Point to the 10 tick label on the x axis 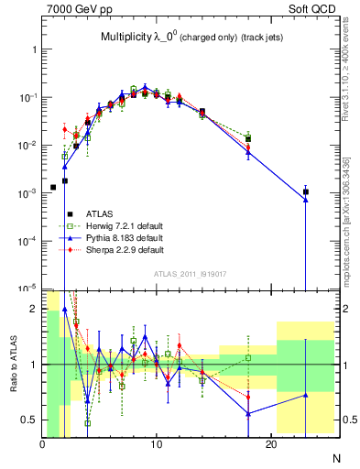pos(157,445)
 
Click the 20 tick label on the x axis pos(271,445)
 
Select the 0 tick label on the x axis pos(42,445)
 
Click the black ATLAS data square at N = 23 pos(306,192)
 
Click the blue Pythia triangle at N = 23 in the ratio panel pos(306,395)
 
